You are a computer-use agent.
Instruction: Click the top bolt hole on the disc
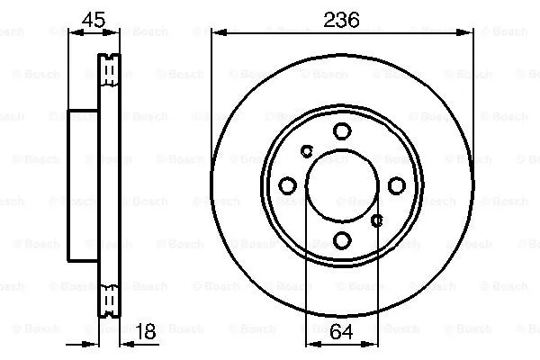click(342, 131)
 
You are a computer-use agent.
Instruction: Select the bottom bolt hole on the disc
click(342, 240)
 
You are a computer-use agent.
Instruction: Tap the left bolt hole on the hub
click(288, 185)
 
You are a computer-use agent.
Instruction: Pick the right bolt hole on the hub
click(397, 185)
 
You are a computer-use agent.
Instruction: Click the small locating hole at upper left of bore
click(307, 150)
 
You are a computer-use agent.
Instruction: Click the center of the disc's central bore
click(342, 185)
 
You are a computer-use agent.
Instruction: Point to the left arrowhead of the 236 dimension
click(216, 33)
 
